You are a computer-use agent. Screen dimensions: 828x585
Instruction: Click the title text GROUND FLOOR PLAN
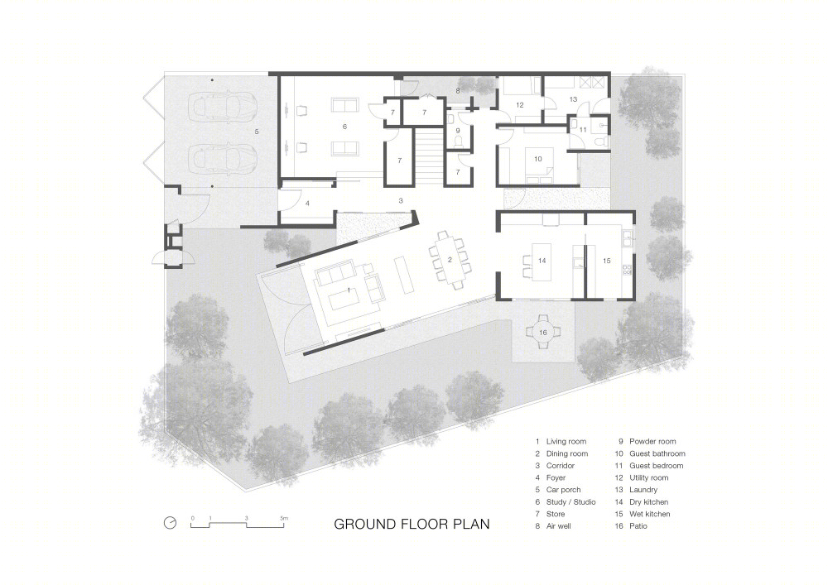tap(412, 524)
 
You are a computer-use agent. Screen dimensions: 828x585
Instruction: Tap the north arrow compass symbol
tap(170, 522)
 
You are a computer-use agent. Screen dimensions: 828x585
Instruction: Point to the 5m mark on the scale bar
tap(284, 519)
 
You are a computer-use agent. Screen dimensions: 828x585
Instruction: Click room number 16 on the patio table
tap(543, 333)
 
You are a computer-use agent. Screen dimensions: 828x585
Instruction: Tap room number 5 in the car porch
tap(257, 132)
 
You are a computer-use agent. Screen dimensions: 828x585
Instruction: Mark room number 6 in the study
tap(344, 127)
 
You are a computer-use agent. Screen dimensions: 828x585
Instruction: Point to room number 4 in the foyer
tap(307, 203)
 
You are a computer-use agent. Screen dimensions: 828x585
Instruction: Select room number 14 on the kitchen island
tap(542, 261)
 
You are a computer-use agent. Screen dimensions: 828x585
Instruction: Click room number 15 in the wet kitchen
tap(606, 261)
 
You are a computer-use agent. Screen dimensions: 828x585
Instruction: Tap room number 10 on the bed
tap(537, 159)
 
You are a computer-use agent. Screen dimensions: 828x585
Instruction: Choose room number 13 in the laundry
tap(573, 99)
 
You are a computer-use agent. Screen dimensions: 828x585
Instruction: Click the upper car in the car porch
tap(223, 107)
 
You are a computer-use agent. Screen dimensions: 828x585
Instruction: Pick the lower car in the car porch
tap(223, 158)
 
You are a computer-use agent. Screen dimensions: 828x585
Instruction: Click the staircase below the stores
tap(428, 156)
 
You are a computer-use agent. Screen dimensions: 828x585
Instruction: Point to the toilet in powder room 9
tap(458, 141)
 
